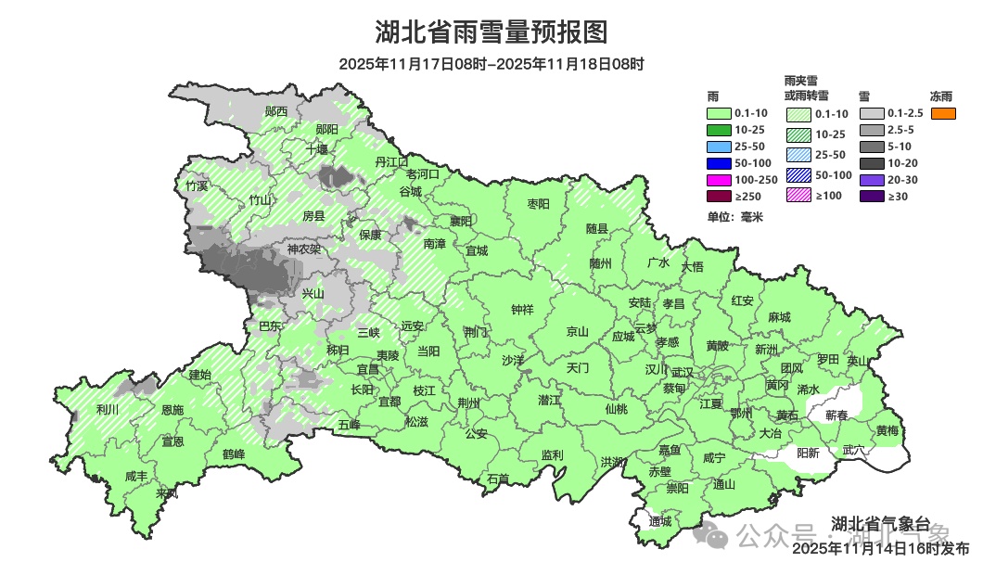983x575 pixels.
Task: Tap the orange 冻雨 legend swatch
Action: pyautogui.click(x=943, y=113)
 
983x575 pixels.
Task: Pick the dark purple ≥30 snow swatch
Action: pyautogui.click(x=872, y=196)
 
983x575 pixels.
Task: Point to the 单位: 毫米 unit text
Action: pyautogui.click(x=734, y=217)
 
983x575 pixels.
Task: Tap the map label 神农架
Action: pyautogui.click(x=303, y=249)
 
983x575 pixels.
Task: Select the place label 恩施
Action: pyautogui.click(x=172, y=409)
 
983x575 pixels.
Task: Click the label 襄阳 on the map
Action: pyautogui.click(x=461, y=221)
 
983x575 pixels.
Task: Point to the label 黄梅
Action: pyautogui.click(x=887, y=430)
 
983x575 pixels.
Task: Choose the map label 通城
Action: pyautogui.click(x=660, y=522)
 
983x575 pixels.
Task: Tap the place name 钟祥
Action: pyautogui.click(x=522, y=311)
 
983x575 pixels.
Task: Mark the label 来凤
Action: pyautogui.click(x=167, y=493)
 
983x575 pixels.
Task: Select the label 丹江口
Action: pyautogui.click(x=391, y=161)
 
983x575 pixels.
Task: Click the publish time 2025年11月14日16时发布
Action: pyautogui.click(x=880, y=549)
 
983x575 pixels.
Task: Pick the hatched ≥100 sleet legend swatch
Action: pyautogui.click(x=799, y=196)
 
